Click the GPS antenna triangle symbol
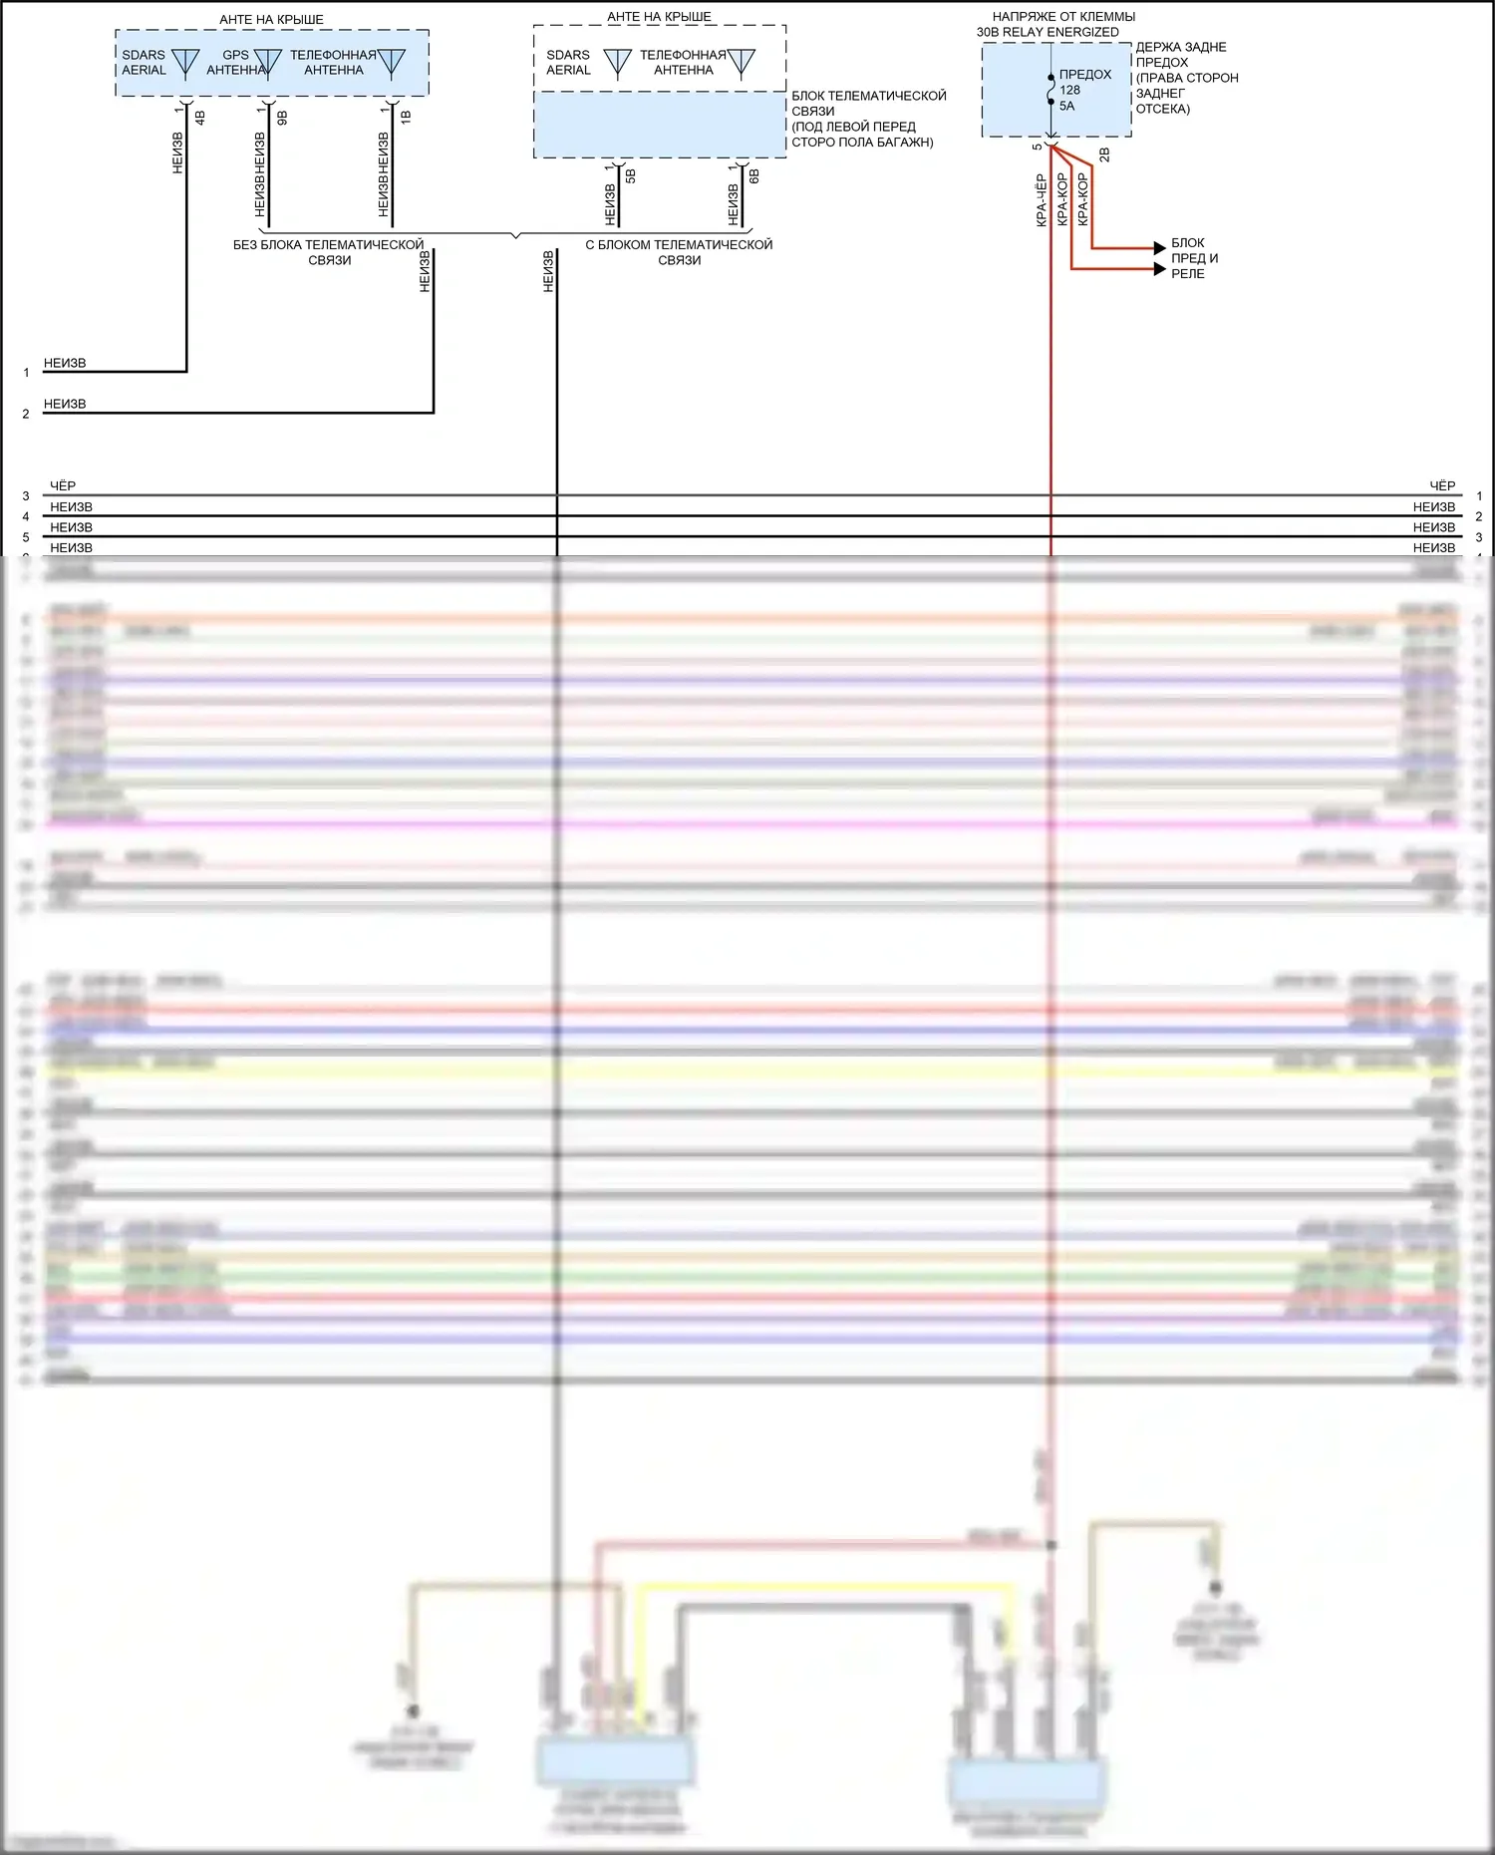pos(267,62)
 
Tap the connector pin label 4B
pos(200,117)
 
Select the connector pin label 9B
pos(282,117)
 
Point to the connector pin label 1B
pos(406,117)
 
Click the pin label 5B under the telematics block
pos(631,176)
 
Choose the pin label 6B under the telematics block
pos(754,176)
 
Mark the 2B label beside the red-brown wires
pos(1104,155)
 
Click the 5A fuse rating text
pos(1067,106)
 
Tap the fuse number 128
pos(1069,90)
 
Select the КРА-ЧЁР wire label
pos(1042,200)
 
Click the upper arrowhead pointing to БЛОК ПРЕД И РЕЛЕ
pos(1159,247)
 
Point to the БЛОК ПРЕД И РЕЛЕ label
pos(1194,258)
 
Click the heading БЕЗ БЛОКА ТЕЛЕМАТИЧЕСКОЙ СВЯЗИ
pos(329,252)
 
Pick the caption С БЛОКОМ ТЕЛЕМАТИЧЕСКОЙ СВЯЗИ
pos(679,252)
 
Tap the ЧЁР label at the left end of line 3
pos(63,485)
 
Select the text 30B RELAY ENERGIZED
pos(1047,32)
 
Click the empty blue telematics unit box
pos(660,125)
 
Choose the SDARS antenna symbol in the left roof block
pos(185,62)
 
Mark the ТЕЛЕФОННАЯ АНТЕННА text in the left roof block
pos(333,62)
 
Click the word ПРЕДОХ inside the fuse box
pos(1085,74)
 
